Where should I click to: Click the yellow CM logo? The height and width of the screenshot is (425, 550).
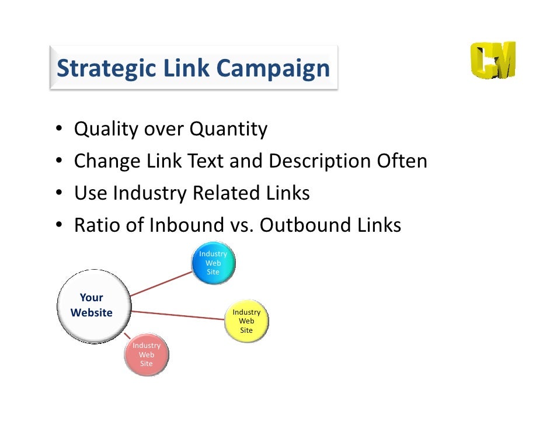tap(493, 61)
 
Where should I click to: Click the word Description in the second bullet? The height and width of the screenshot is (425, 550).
tap(318, 161)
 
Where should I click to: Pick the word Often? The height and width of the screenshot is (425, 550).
tap(401, 161)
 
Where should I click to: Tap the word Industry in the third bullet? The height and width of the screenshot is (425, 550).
tap(149, 193)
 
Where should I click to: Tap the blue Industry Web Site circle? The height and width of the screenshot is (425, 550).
tap(213, 263)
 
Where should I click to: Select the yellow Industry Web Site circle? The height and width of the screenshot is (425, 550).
tap(247, 321)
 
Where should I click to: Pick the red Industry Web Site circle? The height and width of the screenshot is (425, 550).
tap(147, 355)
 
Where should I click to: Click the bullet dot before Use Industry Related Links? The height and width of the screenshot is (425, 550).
tap(60, 194)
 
